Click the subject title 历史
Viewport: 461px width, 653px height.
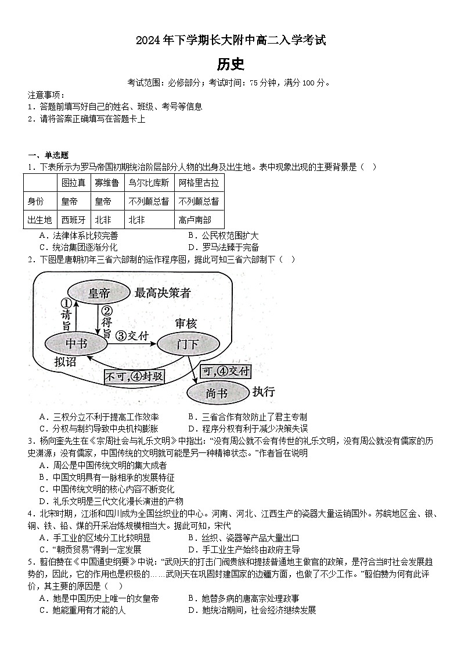click(230, 64)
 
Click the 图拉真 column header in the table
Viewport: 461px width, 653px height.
click(74, 183)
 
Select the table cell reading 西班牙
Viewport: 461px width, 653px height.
click(74, 220)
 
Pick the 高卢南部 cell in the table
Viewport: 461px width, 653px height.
click(195, 220)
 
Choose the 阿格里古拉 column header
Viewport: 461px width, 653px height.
click(199, 183)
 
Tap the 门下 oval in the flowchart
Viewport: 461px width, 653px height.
click(187, 344)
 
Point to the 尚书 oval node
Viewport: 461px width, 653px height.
click(217, 394)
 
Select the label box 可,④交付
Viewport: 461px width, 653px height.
click(225, 371)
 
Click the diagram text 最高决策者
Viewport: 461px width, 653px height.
click(163, 292)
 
